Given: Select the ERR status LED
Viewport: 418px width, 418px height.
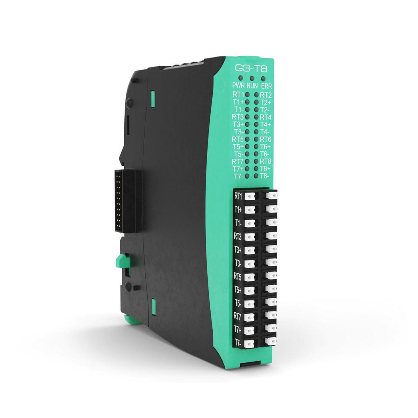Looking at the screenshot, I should (x=263, y=78).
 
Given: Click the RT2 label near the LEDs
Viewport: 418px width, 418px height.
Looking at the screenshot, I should (x=266, y=95).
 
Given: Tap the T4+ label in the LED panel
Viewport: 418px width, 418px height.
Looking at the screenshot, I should (x=266, y=124).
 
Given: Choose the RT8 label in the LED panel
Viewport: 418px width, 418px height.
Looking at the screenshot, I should (x=266, y=161).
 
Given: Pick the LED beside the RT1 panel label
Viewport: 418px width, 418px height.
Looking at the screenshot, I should (x=248, y=94).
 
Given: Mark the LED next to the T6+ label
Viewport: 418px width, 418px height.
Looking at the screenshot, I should (x=256, y=146).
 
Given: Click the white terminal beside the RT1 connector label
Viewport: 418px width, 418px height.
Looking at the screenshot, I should (x=250, y=196).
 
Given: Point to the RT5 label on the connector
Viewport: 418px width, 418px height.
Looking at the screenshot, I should (x=238, y=276).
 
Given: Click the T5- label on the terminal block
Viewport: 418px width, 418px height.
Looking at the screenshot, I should (x=238, y=303).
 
